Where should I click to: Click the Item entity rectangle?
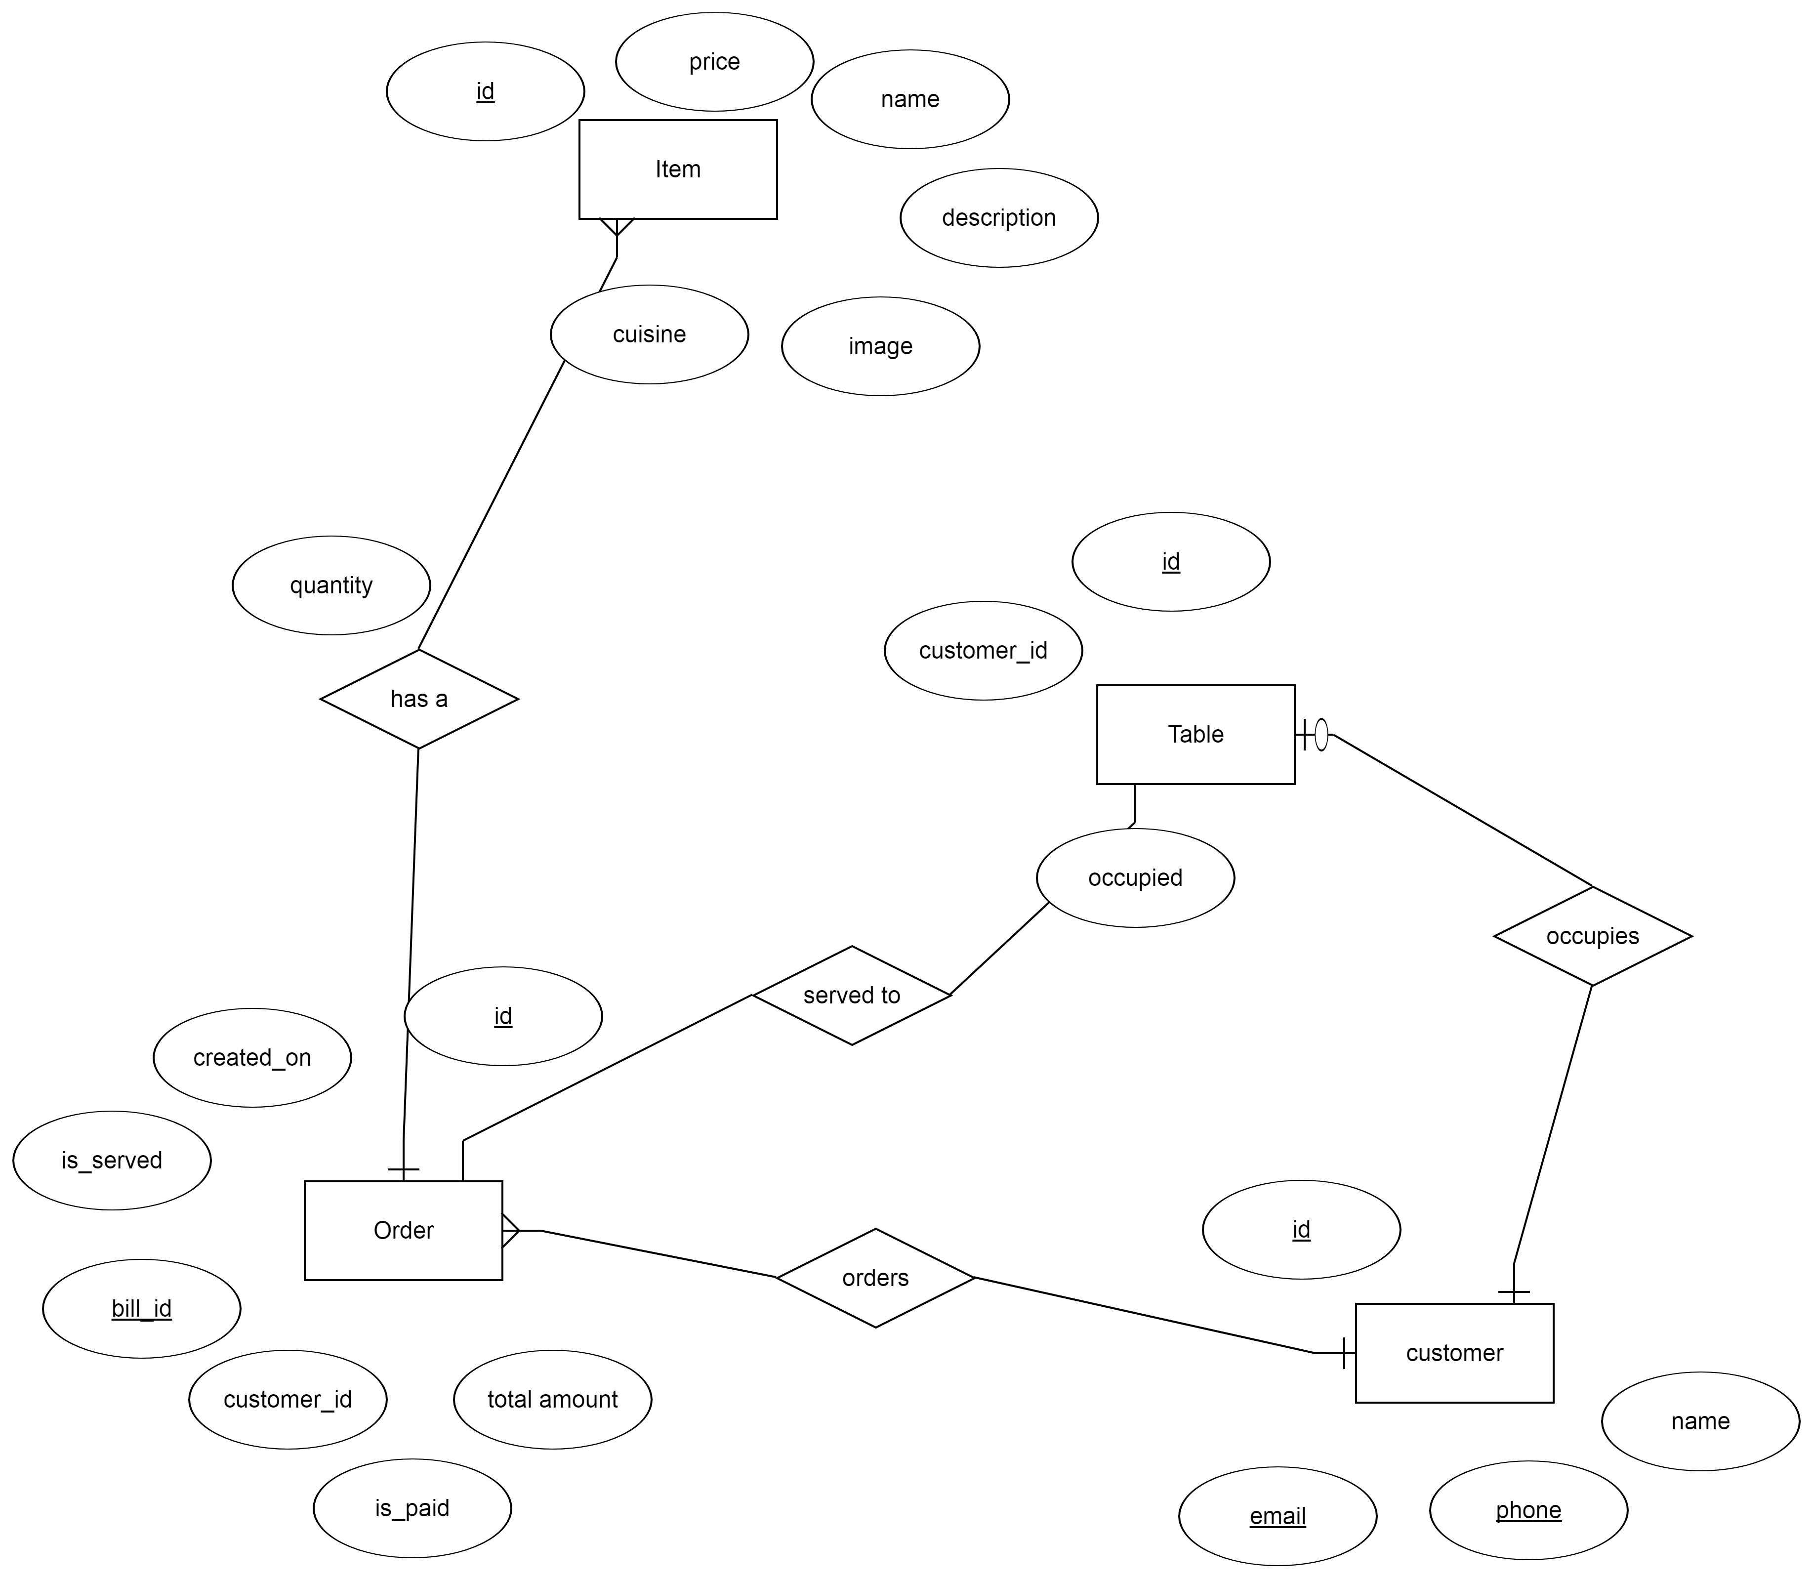(x=678, y=169)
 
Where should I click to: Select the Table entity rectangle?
(x=1195, y=735)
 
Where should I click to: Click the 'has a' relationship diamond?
(x=419, y=699)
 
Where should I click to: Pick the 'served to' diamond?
(x=852, y=996)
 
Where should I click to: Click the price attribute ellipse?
(x=714, y=62)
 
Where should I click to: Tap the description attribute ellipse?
(x=999, y=218)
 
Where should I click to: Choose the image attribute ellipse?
(x=880, y=346)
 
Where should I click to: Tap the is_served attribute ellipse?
(x=112, y=1161)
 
